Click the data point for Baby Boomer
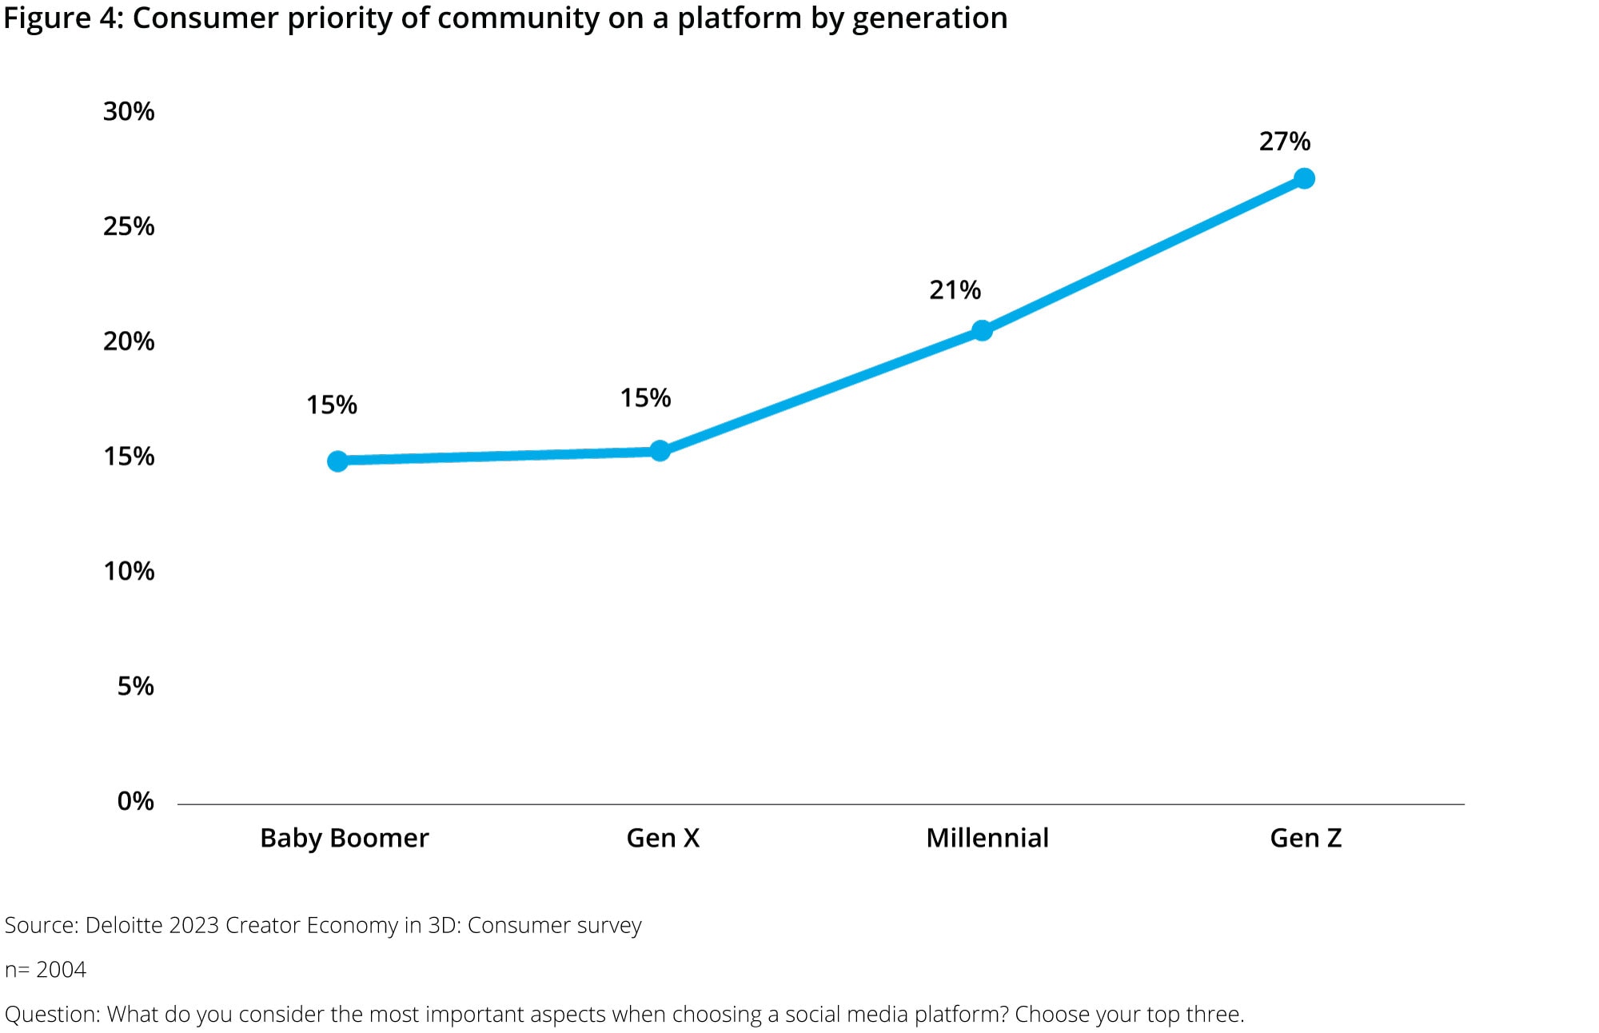[337, 461]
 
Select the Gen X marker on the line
[660, 451]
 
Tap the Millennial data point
[982, 330]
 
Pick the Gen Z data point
[1304, 178]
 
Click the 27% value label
[1284, 142]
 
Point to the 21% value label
[955, 290]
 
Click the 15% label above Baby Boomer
[331, 405]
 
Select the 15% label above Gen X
[645, 398]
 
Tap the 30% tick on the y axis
[129, 111]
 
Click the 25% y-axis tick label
[129, 226]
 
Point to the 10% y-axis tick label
[129, 571]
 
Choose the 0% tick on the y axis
[135, 801]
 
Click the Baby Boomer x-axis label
[345, 838]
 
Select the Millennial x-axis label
[987, 838]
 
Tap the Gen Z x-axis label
[1306, 838]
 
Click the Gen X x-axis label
[663, 838]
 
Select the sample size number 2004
[61, 970]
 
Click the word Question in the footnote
[51, 1015]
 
